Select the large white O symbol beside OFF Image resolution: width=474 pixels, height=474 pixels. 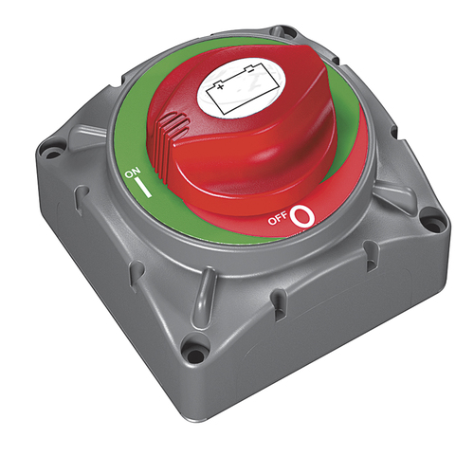pos(302,217)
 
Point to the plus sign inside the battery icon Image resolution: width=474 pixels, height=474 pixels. pos(222,86)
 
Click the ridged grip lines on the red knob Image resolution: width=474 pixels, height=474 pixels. pos(172,126)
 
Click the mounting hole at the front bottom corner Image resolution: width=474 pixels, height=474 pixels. pos(196,356)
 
